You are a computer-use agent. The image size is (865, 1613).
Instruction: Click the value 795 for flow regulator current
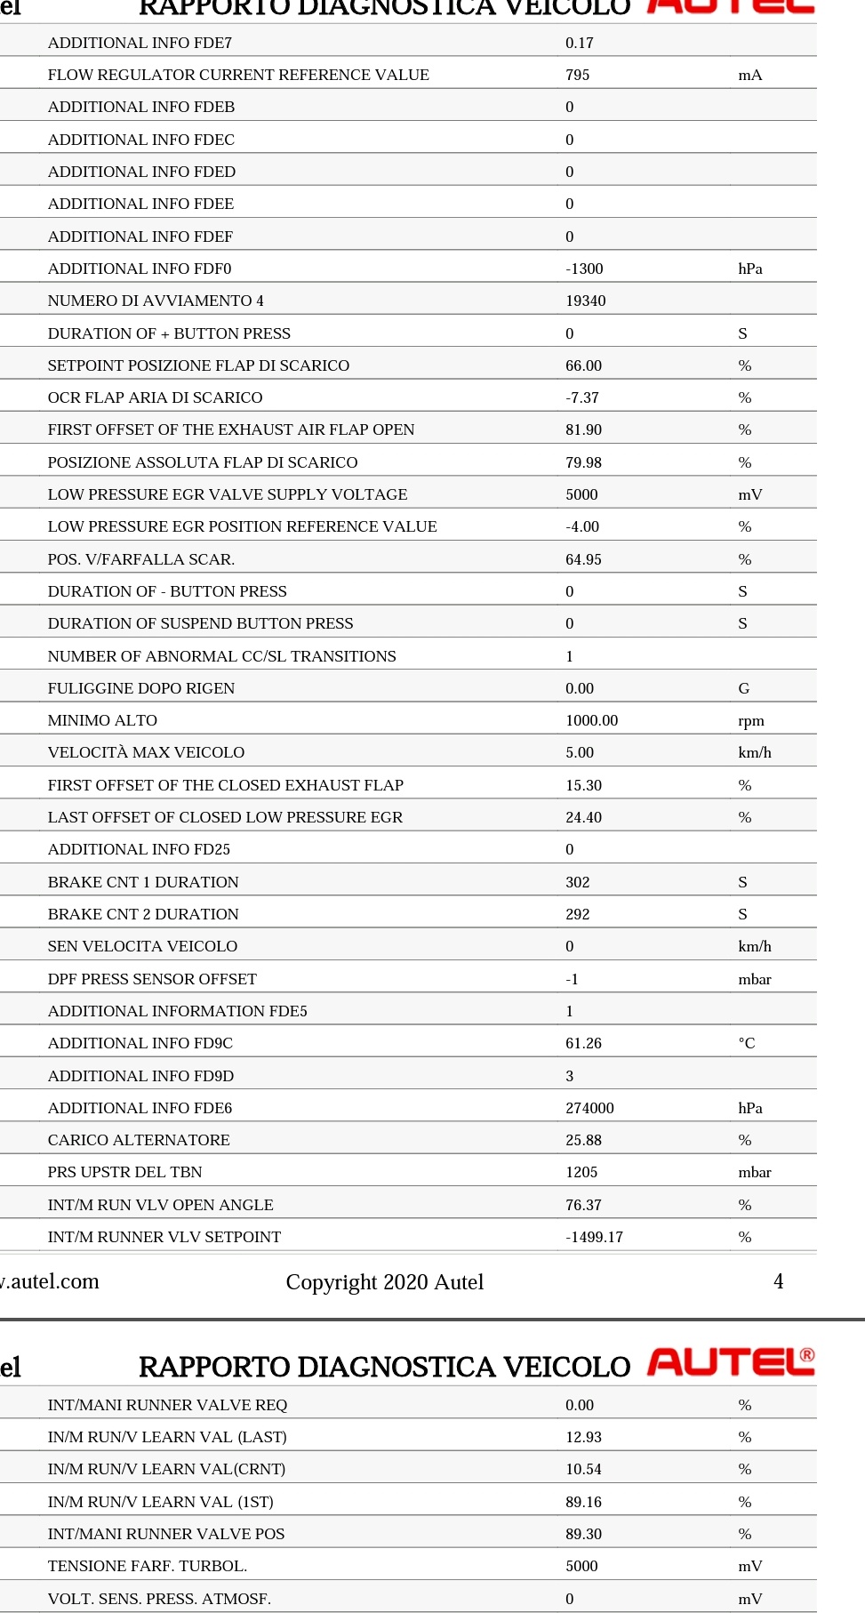[578, 75]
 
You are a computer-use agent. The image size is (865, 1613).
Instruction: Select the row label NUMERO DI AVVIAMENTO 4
[156, 301]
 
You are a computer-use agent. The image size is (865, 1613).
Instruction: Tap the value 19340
[586, 301]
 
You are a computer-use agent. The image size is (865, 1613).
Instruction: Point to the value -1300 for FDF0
[584, 269]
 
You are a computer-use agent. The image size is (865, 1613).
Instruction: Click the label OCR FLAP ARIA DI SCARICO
[156, 397]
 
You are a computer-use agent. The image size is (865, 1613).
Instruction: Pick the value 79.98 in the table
[584, 462]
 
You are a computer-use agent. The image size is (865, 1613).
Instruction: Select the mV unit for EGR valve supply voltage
[750, 494]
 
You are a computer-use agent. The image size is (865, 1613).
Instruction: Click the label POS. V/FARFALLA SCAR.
[141, 559]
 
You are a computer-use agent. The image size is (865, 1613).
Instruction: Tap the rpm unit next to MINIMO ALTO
[751, 720]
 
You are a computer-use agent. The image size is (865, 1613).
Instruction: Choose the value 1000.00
[592, 720]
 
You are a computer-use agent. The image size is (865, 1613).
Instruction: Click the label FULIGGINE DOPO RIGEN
[141, 688]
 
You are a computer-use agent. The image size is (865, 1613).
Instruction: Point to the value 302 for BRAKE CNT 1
[578, 882]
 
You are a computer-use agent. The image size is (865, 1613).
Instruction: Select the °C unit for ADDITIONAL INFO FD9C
[747, 1043]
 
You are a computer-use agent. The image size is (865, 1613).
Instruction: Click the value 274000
[590, 1108]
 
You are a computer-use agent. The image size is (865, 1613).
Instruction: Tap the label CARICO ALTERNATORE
[139, 1140]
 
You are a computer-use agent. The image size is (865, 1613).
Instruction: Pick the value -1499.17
[595, 1237]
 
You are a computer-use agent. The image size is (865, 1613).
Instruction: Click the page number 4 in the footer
[778, 1281]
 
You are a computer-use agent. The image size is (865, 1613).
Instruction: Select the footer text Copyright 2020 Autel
[385, 1282]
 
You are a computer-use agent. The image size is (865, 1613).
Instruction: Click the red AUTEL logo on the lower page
[731, 1361]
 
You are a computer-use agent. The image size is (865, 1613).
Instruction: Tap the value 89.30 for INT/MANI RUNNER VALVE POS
[584, 1534]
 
